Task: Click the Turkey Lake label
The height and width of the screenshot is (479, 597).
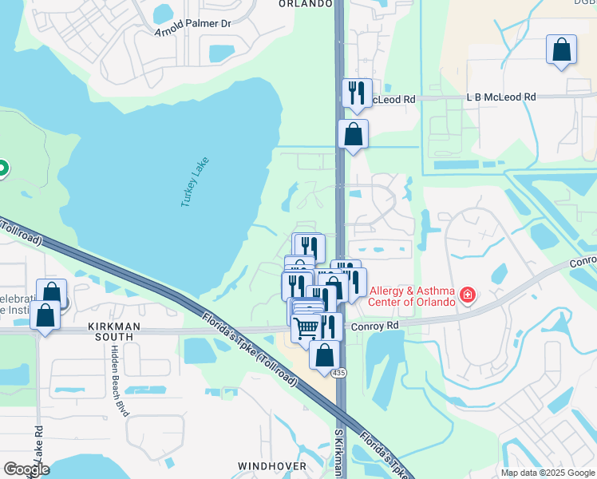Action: tap(193, 182)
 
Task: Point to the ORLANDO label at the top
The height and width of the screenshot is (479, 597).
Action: tap(305, 4)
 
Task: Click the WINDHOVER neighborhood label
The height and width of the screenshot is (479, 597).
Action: tap(272, 465)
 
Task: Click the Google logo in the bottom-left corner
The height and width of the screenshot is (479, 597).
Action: tap(26, 469)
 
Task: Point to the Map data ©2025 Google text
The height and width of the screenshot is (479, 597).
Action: tap(547, 473)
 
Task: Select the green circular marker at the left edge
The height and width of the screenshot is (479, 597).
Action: tap(2, 168)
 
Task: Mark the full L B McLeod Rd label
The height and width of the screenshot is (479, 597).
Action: tap(501, 97)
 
